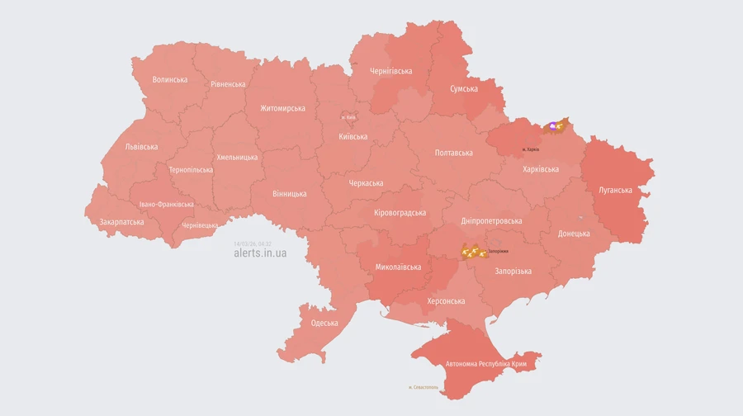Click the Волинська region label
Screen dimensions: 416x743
170,80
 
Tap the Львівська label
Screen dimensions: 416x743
141,147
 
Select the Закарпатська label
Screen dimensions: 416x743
121,222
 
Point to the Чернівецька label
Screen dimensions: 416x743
200,225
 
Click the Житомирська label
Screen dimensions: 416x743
282,108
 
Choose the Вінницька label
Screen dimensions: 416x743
289,194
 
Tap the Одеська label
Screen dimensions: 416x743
324,323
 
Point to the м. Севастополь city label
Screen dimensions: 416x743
425,387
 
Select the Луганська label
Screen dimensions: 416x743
615,190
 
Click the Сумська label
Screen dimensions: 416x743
464,89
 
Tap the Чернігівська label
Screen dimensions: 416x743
391,71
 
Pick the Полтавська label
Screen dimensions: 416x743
453,153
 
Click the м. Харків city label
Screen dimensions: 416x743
530,149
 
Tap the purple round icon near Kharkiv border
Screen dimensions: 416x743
552,126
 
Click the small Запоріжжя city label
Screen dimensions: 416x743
498,251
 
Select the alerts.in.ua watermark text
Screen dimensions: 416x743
260,253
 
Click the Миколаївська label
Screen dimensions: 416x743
398,267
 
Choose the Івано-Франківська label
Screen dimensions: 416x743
166,204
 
